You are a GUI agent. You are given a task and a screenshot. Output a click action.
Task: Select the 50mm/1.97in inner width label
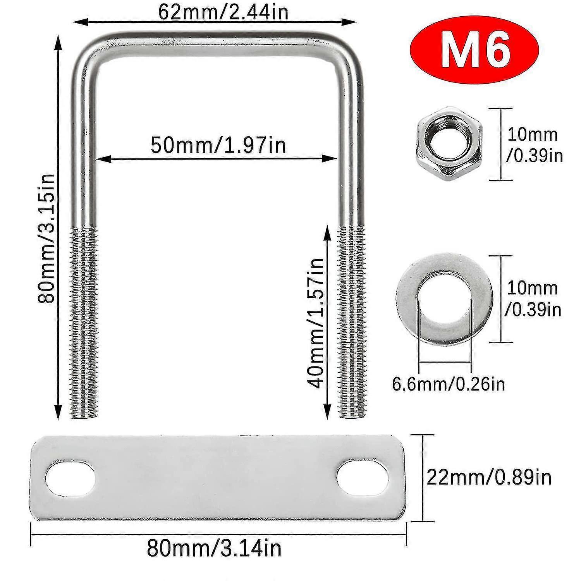point(218,145)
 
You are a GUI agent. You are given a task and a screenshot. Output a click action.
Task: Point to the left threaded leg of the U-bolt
point(84,321)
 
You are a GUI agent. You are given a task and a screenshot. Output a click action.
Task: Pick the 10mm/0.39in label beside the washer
point(533,299)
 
